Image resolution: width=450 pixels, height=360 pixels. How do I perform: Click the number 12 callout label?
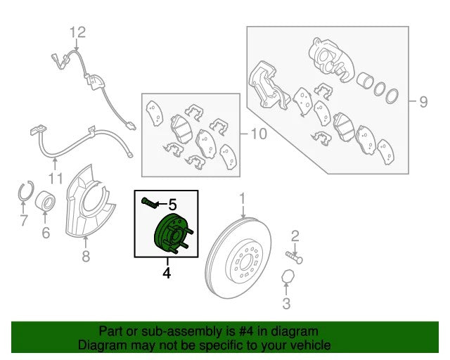click(78, 32)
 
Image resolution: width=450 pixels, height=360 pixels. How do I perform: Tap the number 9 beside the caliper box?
click(423, 102)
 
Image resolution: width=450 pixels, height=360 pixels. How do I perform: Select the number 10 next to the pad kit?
click(259, 134)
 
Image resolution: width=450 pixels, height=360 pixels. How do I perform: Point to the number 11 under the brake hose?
click(56, 179)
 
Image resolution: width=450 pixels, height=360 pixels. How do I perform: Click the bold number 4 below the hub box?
click(167, 273)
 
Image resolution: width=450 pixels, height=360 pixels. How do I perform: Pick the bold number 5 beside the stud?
click(172, 205)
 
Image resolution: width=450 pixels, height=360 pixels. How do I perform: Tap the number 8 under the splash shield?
click(86, 256)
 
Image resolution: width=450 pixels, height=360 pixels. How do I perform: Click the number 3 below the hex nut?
click(286, 304)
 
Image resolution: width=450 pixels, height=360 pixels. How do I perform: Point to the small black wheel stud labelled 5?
click(149, 202)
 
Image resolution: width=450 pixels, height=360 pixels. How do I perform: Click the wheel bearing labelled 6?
click(45, 201)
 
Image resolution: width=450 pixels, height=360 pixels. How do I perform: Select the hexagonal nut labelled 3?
click(288, 277)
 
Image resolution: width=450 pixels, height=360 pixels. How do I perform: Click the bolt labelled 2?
click(294, 257)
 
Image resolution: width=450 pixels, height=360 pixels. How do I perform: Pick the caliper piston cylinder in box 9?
click(365, 79)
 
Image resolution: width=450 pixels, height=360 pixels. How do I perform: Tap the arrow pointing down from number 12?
click(77, 45)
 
